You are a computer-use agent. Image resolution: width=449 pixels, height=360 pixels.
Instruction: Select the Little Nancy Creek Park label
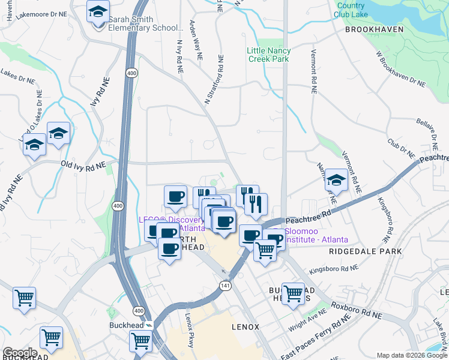coord(268,55)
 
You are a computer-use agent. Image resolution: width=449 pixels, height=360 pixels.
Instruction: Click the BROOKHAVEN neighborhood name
coord(372,29)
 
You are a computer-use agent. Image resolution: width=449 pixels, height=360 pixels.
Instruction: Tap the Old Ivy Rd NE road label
coord(83,164)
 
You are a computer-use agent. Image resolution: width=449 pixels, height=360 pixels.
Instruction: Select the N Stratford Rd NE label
coord(214,81)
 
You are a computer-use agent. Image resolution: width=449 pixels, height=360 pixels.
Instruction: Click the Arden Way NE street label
coord(196,42)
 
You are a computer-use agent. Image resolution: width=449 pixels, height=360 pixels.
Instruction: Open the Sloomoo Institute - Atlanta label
coord(315,235)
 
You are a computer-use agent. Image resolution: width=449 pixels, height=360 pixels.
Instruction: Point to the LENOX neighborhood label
coord(246,327)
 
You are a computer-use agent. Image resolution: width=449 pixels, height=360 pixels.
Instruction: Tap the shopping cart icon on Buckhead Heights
coord(293,293)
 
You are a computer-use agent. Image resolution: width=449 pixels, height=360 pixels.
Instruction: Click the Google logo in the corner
coord(20,352)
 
